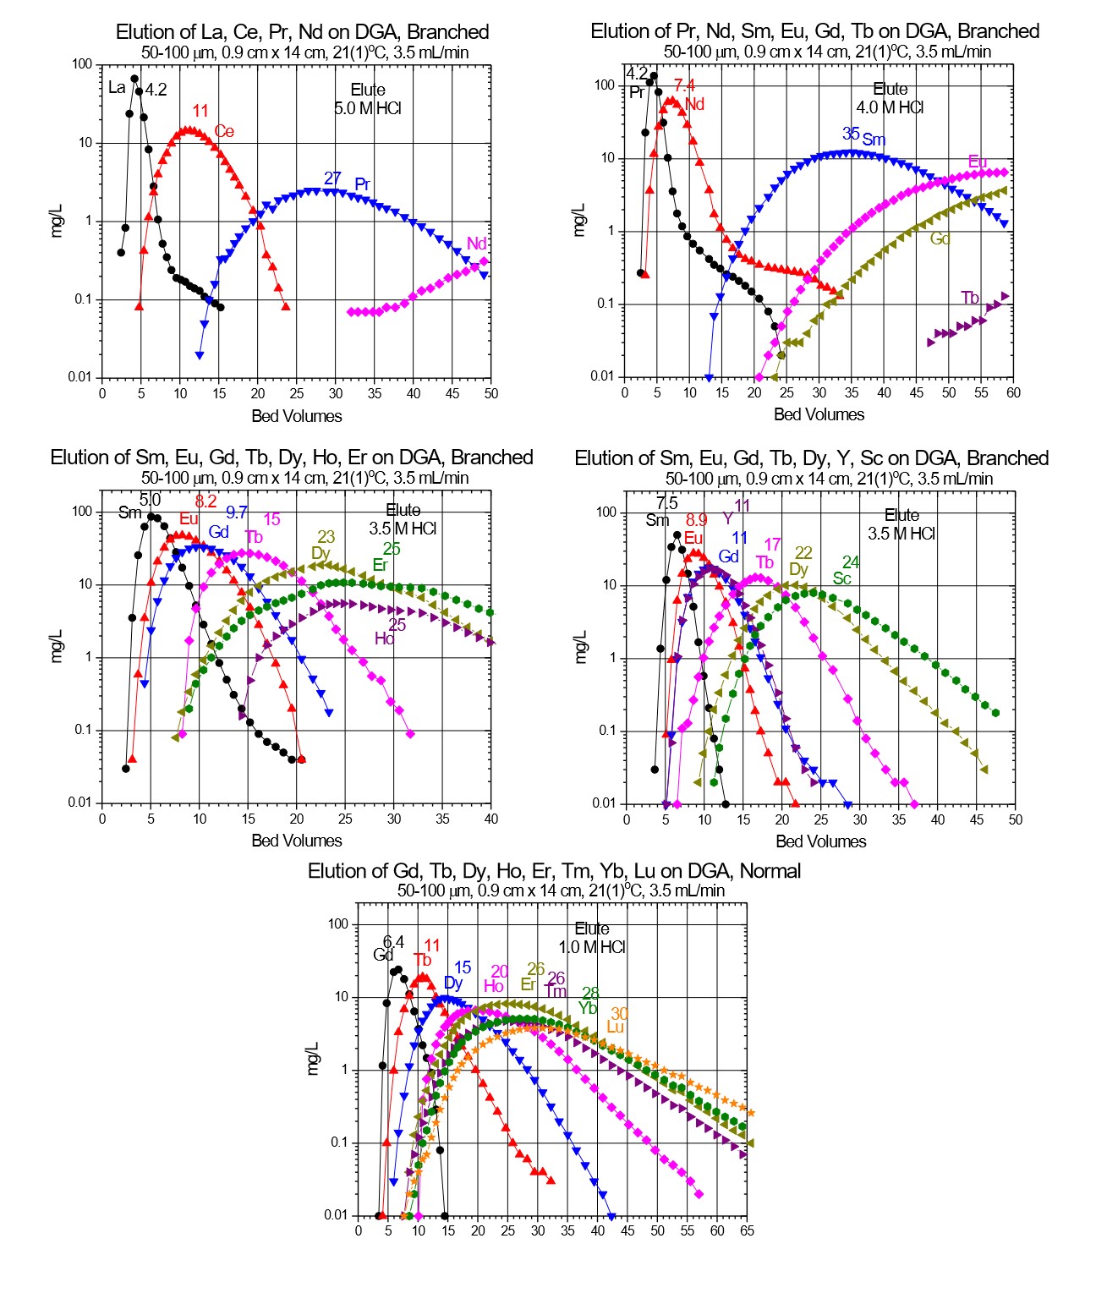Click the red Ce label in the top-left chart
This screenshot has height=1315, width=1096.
click(x=224, y=131)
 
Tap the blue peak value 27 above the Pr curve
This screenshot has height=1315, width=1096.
click(x=332, y=178)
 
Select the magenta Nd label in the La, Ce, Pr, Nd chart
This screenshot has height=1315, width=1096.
click(x=476, y=244)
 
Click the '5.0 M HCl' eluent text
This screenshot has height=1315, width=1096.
click(x=368, y=108)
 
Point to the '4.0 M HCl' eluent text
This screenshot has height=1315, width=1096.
click(x=890, y=107)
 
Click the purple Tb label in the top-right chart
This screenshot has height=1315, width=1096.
click(x=969, y=298)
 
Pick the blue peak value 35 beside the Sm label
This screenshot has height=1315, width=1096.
click(x=851, y=134)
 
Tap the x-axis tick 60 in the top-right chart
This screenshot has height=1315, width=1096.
click(x=1013, y=392)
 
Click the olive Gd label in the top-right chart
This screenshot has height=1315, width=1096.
click(x=940, y=239)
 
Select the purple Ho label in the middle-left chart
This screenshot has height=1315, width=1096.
click(x=384, y=638)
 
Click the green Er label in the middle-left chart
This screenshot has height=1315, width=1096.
click(x=380, y=565)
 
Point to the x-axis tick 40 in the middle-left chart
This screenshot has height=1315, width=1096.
click(x=490, y=819)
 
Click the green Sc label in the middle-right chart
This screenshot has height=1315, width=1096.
click(x=841, y=578)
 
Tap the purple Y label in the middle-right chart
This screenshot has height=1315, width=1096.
click(x=727, y=519)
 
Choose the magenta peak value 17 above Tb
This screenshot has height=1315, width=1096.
click(x=772, y=545)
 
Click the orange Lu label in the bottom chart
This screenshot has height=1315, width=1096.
click(x=615, y=1027)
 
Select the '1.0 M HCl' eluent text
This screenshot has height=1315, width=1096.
click(x=592, y=947)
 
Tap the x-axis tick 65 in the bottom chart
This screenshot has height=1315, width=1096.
click(x=747, y=1230)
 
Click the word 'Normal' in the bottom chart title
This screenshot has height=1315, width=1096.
click(x=770, y=871)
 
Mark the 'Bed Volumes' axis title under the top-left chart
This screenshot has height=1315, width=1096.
click(x=297, y=416)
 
